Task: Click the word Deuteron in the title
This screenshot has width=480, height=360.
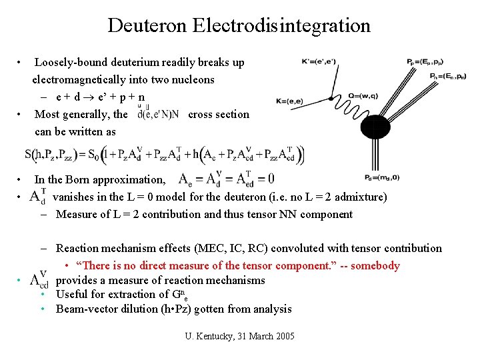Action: tap(148, 26)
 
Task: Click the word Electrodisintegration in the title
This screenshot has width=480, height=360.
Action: tap(281, 26)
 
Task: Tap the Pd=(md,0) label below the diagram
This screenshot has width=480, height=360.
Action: tap(382, 177)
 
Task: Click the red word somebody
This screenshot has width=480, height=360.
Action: tap(375, 266)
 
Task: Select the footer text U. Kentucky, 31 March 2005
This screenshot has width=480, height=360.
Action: tap(239, 335)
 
